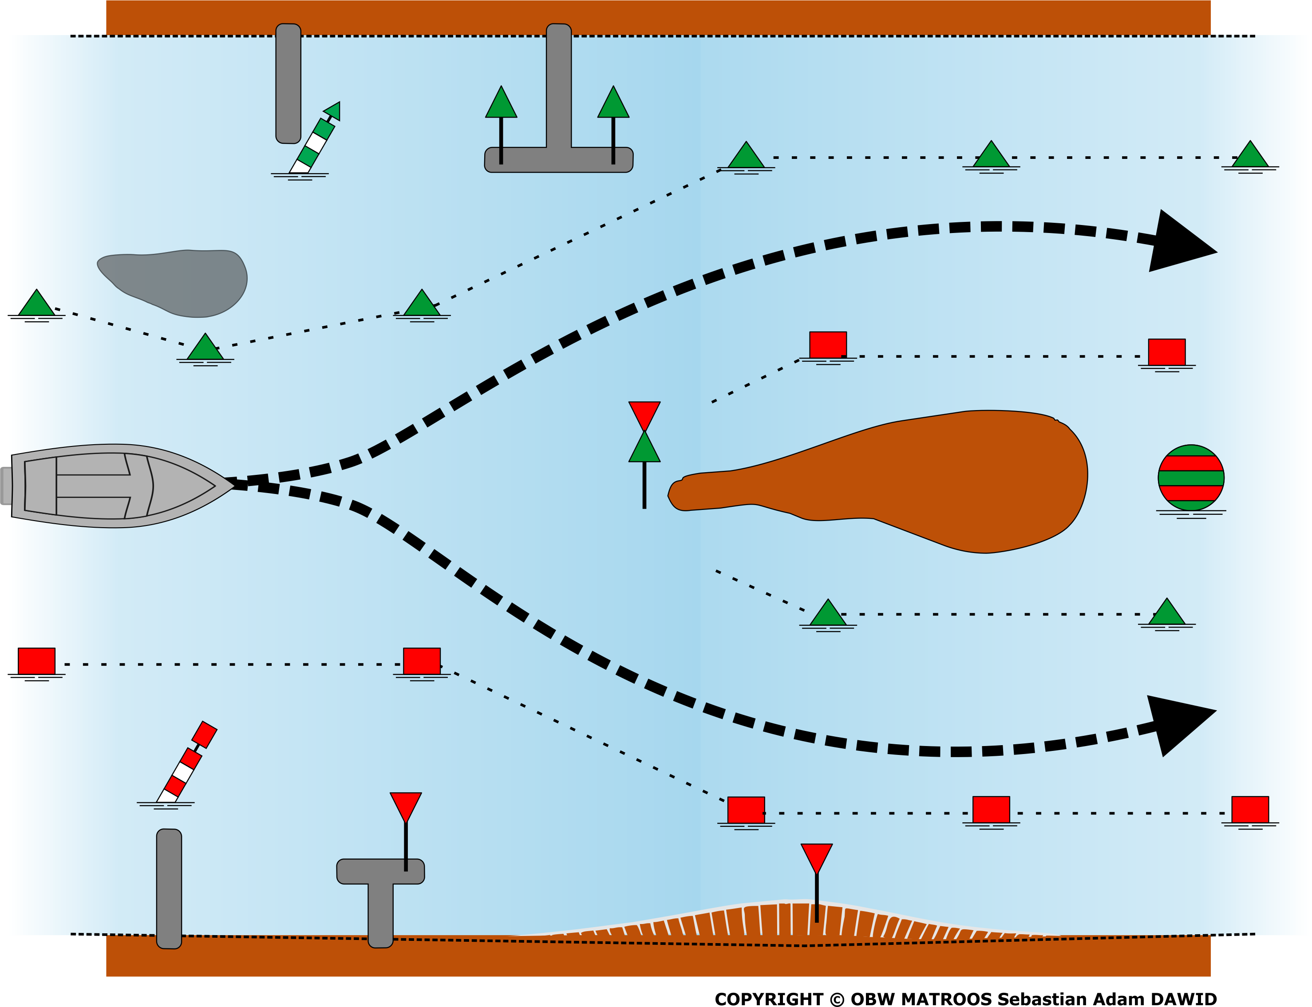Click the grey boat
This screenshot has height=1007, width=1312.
pos(120,486)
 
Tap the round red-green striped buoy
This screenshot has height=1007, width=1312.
pos(1190,478)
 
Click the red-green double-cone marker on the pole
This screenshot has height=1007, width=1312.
pos(644,431)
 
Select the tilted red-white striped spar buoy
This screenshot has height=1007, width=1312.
pos(186,762)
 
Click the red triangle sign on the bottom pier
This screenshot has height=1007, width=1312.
pos(406,807)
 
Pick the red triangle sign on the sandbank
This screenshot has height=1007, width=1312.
pos(816,858)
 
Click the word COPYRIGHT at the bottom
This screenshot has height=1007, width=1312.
pos(769,999)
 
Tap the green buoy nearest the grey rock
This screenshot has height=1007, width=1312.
pos(205,347)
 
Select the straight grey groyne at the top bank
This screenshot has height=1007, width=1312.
pos(288,83)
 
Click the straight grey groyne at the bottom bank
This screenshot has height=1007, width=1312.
pos(169,889)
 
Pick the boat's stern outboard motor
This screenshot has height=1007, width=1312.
pos(6,486)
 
